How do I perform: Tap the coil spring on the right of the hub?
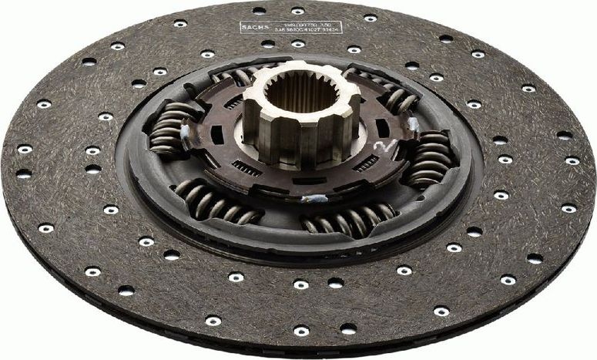428,158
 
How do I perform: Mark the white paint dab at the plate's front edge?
317,199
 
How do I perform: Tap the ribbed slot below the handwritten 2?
365,163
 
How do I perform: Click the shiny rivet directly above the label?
297,11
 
